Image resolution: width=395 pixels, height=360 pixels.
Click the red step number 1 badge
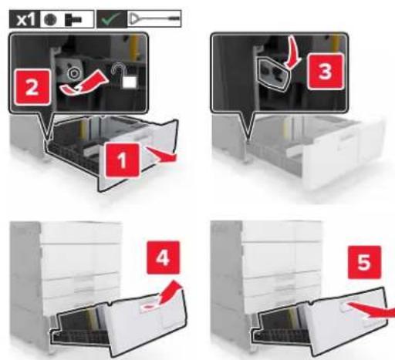click(123, 160)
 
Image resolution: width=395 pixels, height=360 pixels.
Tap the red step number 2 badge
click(32, 87)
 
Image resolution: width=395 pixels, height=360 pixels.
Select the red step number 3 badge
click(326, 72)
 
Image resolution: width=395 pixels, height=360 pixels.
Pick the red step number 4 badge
click(163, 257)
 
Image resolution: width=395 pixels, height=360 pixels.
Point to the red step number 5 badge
click(364, 262)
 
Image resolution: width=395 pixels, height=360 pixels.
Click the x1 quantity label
click(25, 19)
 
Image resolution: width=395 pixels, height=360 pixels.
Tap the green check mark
click(111, 19)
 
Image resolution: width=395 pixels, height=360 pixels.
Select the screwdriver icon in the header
click(154, 19)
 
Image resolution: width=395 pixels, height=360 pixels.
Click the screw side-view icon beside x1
click(74, 20)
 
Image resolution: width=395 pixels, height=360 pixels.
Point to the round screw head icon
click(50, 19)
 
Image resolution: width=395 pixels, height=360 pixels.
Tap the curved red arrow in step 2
click(83, 83)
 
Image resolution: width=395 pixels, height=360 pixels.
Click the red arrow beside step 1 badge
click(162, 155)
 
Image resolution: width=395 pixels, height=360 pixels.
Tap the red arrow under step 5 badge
click(373, 310)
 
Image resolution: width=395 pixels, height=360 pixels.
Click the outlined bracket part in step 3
click(273, 74)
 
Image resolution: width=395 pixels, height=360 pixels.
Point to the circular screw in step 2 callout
click(74, 74)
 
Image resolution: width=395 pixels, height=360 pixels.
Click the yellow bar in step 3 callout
click(335, 43)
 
